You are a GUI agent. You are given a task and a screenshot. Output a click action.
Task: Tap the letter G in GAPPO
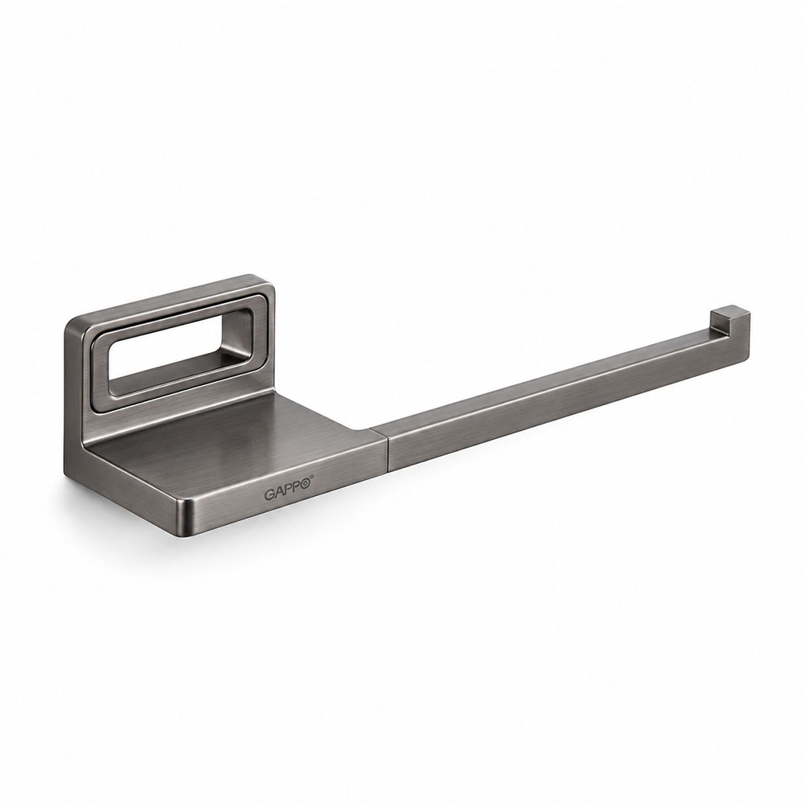(x=269, y=494)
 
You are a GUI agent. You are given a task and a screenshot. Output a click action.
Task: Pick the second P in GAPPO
(x=295, y=488)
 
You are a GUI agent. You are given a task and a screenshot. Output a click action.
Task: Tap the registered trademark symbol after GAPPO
(x=311, y=478)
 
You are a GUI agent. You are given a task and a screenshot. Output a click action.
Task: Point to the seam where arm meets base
(x=388, y=449)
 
